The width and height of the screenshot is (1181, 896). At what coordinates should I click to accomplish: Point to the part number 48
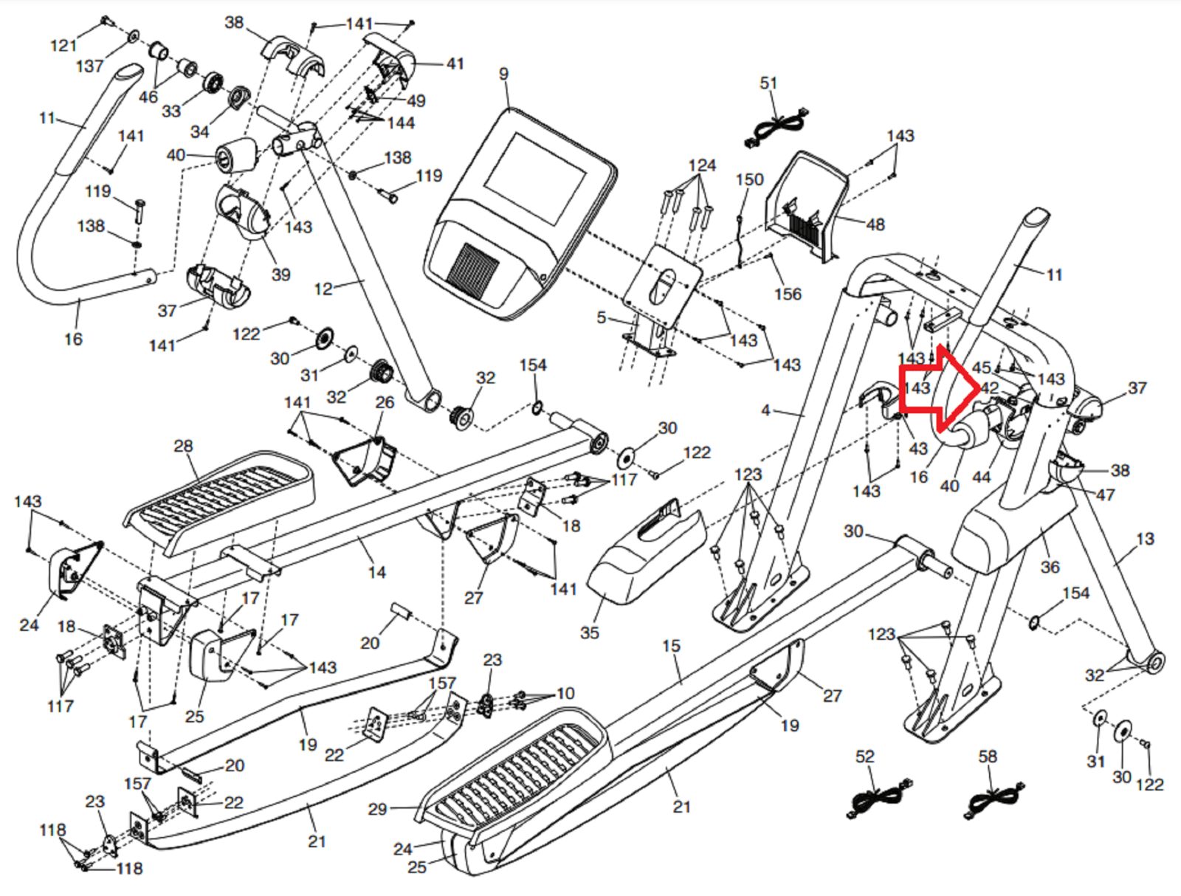pyautogui.click(x=875, y=224)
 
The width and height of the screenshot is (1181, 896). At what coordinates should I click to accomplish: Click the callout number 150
pyautogui.click(x=749, y=179)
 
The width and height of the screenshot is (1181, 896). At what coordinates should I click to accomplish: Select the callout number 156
pyautogui.click(x=788, y=294)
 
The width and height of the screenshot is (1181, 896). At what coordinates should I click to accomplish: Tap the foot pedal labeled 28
pyautogui.click(x=221, y=498)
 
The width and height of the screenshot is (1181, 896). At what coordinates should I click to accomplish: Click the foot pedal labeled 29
pyautogui.click(x=517, y=768)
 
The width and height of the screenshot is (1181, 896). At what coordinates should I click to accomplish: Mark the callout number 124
pyautogui.click(x=702, y=165)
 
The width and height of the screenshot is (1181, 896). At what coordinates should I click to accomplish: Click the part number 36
pyautogui.click(x=1050, y=567)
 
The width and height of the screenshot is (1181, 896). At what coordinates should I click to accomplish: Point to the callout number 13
pyautogui.click(x=1145, y=539)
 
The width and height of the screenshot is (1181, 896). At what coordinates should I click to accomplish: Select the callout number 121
pyautogui.click(x=63, y=46)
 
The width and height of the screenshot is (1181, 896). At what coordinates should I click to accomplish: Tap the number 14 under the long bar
pyautogui.click(x=376, y=572)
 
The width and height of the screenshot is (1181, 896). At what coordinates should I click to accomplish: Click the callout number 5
pyautogui.click(x=602, y=317)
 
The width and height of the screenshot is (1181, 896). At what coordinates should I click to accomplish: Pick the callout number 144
pyautogui.click(x=401, y=123)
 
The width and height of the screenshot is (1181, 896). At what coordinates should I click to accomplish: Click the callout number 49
pyautogui.click(x=416, y=100)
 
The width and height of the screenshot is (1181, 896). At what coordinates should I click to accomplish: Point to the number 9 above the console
pyautogui.click(x=503, y=74)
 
